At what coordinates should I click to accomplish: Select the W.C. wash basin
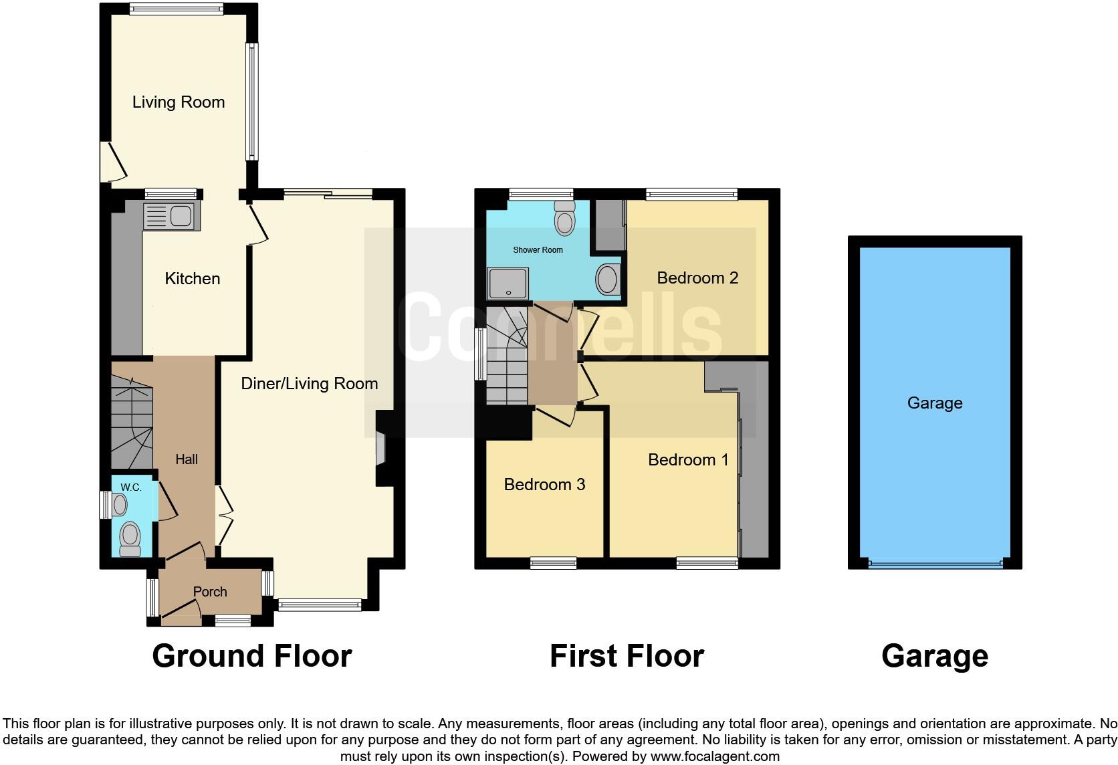[x=120, y=504]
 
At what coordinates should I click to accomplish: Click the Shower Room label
[x=538, y=250]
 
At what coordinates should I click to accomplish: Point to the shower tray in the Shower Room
[x=508, y=283]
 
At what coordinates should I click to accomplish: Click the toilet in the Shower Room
[x=565, y=217]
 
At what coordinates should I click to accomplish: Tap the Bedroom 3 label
[x=544, y=484]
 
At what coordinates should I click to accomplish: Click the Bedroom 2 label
[x=697, y=278]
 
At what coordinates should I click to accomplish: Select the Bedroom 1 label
[x=688, y=459]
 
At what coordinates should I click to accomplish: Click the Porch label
[x=210, y=592]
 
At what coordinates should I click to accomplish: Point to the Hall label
[x=187, y=459]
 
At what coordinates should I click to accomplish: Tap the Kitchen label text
[x=193, y=278]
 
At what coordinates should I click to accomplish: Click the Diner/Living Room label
[x=310, y=383]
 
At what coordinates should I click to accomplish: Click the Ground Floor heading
[x=251, y=656]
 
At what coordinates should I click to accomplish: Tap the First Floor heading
[x=627, y=656]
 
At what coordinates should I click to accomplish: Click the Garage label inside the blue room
[x=935, y=403]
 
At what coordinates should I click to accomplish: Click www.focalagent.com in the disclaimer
[x=714, y=757]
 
